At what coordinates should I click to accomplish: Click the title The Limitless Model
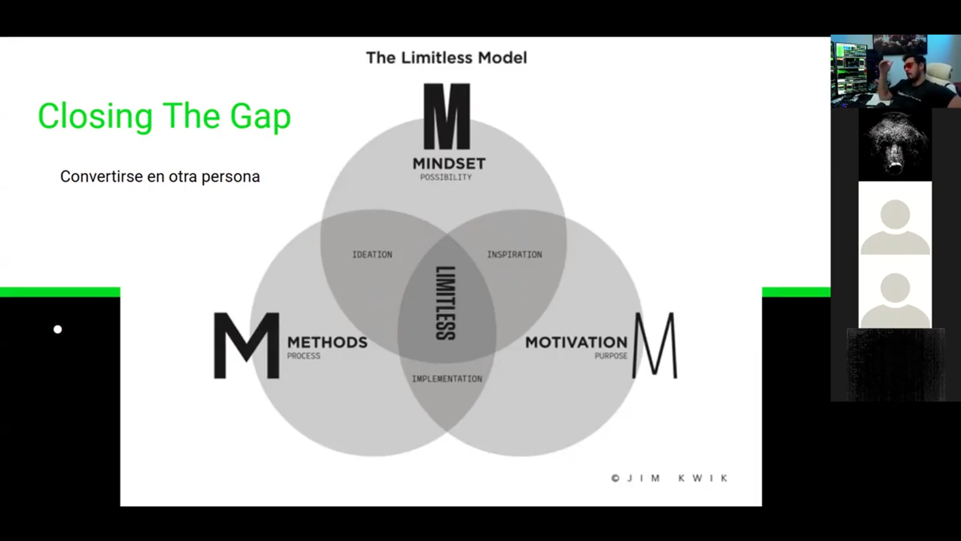446,58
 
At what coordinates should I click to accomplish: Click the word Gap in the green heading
260,117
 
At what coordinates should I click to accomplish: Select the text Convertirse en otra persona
160,177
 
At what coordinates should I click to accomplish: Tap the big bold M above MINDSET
446,117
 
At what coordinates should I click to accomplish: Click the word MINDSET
448,164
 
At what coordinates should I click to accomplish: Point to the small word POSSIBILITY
445,177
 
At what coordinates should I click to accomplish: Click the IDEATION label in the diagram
372,254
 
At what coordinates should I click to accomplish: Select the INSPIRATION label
515,254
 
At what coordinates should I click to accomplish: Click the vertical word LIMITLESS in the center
445,303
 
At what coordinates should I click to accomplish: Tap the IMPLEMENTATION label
447,379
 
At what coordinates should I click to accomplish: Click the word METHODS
327,343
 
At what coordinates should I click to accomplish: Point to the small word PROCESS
303,356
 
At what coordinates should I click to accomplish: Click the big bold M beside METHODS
246,346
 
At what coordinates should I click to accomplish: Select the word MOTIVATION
576,343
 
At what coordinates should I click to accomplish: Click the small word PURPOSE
611,356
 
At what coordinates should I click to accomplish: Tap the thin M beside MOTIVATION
655,346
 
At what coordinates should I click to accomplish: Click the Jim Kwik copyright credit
669,478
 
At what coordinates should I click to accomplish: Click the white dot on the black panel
58,330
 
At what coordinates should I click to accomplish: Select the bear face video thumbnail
895,145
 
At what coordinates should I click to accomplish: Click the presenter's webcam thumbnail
895,71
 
